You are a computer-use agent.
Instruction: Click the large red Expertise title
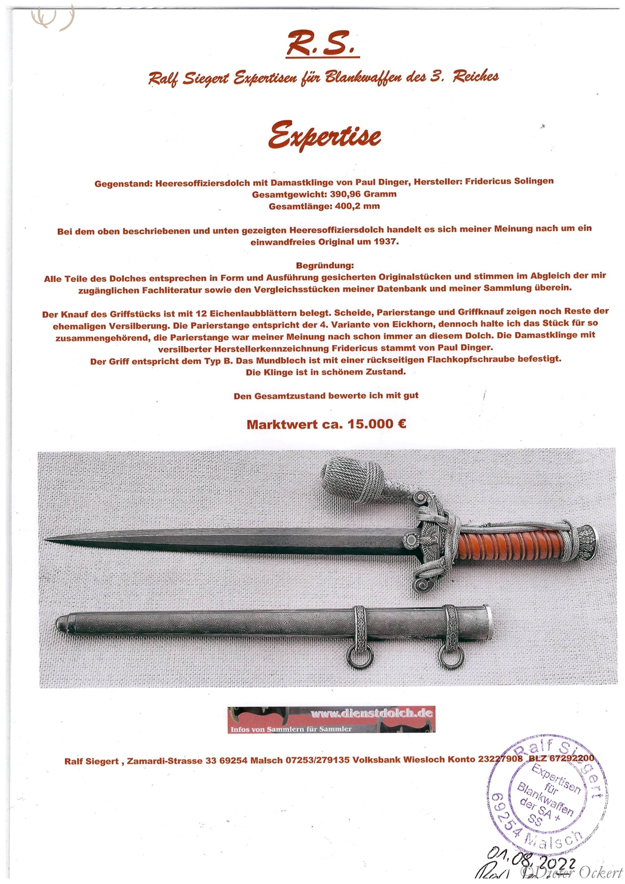click(x=325, y=136)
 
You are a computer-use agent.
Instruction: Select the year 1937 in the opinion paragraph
click(x=385, y=242)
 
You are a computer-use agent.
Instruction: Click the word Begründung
click(x=325, y=265)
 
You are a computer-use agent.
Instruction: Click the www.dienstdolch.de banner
click(x=331, y=719)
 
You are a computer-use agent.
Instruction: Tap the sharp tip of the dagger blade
click(x=47, y=539)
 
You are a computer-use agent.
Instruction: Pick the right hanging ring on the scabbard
click(x=451, y=657)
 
